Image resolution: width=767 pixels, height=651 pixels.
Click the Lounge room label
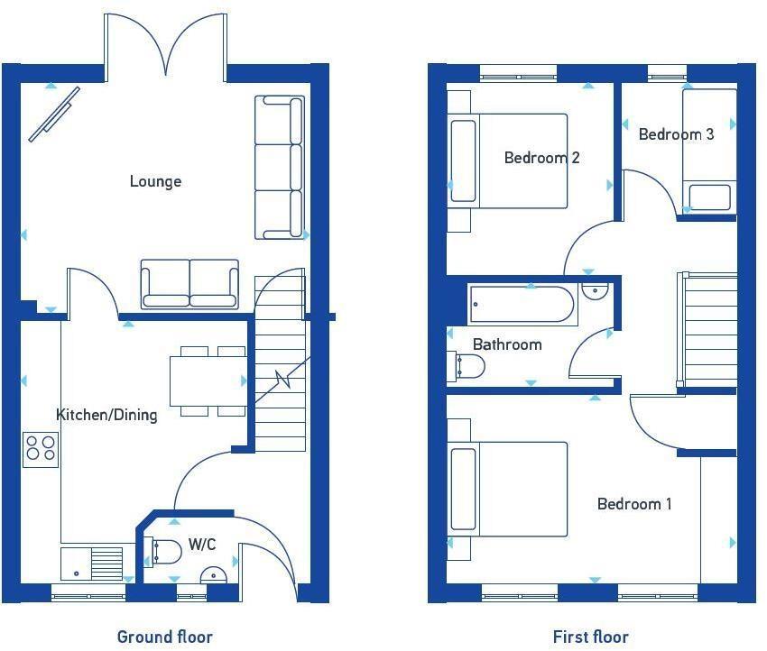point(155,181)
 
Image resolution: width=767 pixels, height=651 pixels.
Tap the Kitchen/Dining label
point(106,415)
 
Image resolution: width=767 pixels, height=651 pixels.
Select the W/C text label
point(201,545)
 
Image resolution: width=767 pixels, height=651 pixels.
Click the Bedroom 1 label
point(634,504)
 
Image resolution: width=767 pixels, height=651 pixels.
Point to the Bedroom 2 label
point(541,158)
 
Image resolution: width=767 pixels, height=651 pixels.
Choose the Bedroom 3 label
point(676,134)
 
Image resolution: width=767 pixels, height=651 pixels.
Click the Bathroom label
point(507,344)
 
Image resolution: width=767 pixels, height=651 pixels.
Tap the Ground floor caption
point(164,637)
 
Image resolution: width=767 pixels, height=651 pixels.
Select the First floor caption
point(590,637)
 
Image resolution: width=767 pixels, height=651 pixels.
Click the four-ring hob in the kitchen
point(41,449)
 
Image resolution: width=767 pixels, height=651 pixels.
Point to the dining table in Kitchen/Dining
point(208,381)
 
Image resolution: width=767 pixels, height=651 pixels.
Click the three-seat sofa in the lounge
point(280,167)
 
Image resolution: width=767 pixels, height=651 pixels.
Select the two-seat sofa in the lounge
point(189,284)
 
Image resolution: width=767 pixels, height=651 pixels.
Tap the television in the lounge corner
point(54,114)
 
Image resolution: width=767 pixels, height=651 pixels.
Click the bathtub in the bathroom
point(523,305)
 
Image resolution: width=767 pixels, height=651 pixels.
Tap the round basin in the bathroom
point(595,292)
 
